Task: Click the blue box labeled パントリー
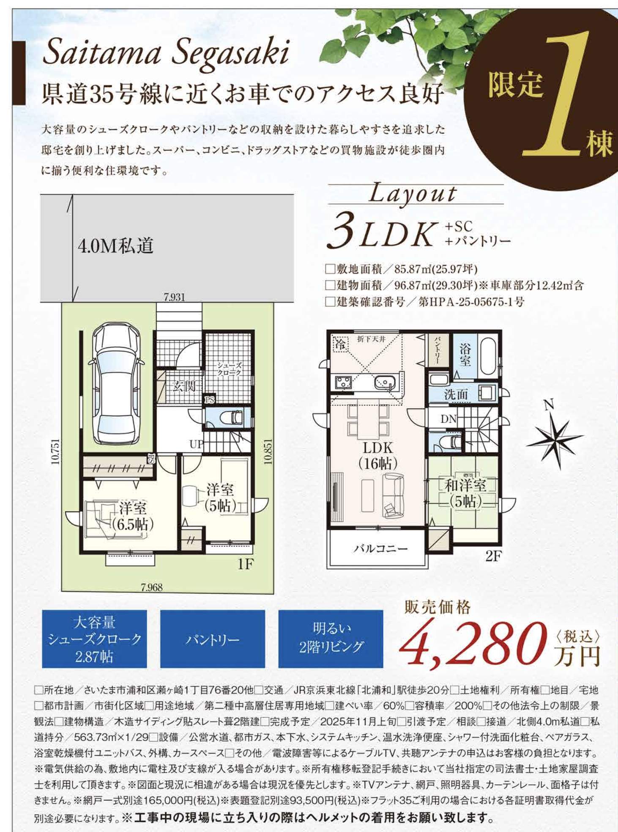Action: pos(212,639)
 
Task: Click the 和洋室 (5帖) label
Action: pos(465,493)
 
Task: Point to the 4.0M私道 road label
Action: pos(115,246)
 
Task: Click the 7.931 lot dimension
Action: pos(174,297)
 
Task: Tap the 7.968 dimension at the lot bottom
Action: pos(151,587)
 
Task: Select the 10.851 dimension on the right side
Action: pos(268,452)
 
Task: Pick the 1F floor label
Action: pos(245,564)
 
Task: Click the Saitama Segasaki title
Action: pos(166,53)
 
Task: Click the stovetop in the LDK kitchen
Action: pos(343,383)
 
